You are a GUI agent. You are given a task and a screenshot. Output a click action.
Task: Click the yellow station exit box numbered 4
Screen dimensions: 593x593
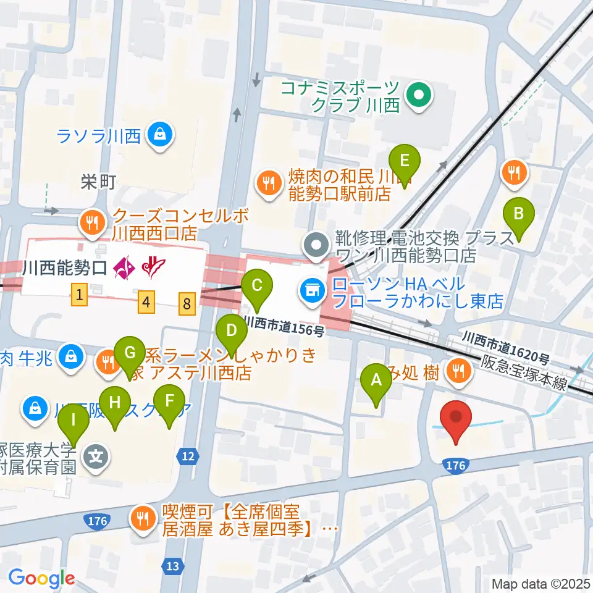tap(146, 302)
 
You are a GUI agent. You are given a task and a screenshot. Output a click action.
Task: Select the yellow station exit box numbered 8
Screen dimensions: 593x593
tap(188, 303)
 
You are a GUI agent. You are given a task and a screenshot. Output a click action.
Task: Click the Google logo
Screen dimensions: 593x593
tap(41, 579)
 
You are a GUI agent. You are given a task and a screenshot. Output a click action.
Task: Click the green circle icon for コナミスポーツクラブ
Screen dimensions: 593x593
tap(419, 96)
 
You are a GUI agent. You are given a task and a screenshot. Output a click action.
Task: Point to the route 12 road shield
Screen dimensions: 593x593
tap(188, 456)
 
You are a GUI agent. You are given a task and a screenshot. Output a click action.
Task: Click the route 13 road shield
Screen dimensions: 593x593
tap(173, 565)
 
